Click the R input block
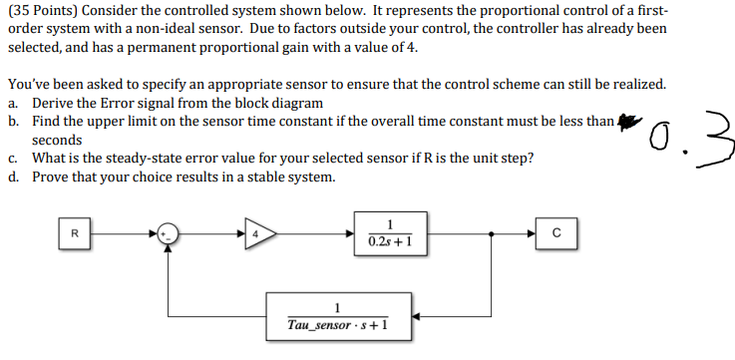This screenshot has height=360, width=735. pos(73,235)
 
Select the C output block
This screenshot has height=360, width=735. pos(557,235)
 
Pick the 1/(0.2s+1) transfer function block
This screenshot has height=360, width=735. pos(390,234)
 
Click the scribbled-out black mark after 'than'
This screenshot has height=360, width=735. pos(626,121)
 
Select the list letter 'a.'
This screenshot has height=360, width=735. pos(13,103)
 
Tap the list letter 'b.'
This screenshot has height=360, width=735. pos(13,121)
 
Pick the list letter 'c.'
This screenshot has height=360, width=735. pos(13,158)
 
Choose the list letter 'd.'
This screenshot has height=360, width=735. pos(13,177)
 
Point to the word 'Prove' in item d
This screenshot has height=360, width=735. pos(51,177)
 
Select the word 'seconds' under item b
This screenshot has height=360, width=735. pos(57,140)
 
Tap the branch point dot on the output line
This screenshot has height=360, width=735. pos(491,235)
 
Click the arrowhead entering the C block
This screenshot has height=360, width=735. pos(535,235)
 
